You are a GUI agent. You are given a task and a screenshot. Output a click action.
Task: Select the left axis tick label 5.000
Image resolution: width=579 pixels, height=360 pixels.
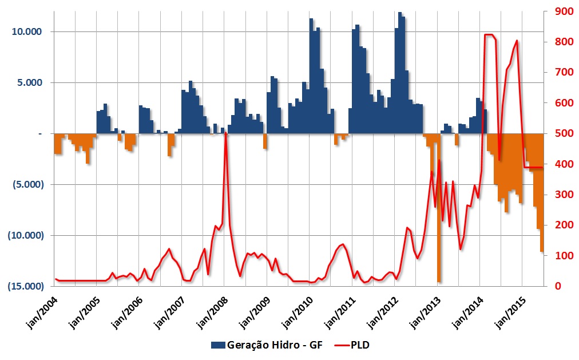29,82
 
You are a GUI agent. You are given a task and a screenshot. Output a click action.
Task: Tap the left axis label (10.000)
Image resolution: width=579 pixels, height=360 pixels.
25,235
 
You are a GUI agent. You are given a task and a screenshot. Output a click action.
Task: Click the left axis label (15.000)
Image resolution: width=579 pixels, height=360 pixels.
25,286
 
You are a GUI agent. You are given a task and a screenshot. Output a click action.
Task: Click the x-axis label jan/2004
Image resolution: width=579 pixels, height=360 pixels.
42,312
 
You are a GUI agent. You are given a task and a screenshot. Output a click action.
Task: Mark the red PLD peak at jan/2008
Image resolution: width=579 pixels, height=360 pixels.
225,133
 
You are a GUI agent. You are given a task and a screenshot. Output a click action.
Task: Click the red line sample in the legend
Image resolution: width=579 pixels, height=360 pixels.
342,345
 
